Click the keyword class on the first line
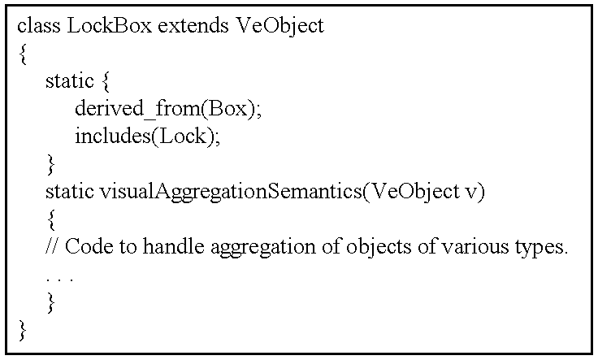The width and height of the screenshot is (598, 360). point(39,26)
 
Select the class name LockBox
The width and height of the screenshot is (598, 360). point(110,26)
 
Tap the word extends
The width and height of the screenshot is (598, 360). point(193,26)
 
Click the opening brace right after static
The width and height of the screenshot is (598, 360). point(106,81)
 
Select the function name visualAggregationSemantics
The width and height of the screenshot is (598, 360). point(231,192)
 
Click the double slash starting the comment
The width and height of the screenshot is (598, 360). point(51,246)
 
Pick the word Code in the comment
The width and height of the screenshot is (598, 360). point(89,247)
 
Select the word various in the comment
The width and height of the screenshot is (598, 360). point(475,247)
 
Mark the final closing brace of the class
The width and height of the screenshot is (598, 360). point(23,330)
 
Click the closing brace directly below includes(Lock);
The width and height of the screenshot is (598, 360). point(50,164)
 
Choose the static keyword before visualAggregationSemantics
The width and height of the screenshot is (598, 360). point(69,192)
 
